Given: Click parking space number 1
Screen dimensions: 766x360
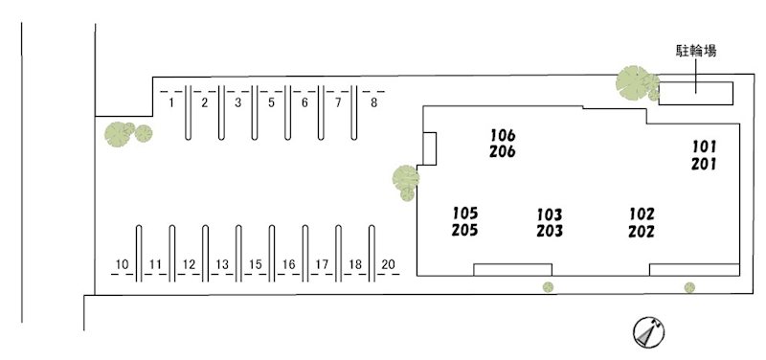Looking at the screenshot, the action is coord(171,103).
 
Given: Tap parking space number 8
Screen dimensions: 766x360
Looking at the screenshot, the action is coord(373,103).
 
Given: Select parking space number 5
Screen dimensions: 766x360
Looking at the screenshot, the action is coord(272,103).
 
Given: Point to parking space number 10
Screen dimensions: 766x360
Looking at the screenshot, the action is coord(123,265).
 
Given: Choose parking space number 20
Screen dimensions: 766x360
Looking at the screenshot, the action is coord(388,265).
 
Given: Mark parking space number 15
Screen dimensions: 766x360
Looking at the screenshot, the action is coord(256,265).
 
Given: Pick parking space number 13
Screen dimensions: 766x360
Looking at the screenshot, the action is coord(222,265).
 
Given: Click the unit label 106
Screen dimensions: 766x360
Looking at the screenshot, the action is coord(503,134).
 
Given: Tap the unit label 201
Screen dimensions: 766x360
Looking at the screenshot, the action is coord(704,164).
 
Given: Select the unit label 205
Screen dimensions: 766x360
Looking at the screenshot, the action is coord(464,230).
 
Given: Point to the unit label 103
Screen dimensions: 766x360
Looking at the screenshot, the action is coord(550,214).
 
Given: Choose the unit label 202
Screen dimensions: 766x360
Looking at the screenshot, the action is coord(642,231).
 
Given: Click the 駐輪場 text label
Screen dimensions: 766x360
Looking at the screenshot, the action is coord(696,51).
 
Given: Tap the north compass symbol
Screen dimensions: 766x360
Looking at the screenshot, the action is coord(649,332).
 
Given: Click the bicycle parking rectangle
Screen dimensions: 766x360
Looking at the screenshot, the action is coord(696,93).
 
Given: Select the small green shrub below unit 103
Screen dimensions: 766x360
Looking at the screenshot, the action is coord(548,286).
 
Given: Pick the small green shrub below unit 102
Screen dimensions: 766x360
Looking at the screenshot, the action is coord(689,287).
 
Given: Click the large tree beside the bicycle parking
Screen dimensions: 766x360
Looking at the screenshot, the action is coord(635,82).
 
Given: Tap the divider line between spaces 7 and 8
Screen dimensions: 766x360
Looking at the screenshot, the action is coord(353,113).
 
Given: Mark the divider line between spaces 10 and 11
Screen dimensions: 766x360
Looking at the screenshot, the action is coord(139,254).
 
